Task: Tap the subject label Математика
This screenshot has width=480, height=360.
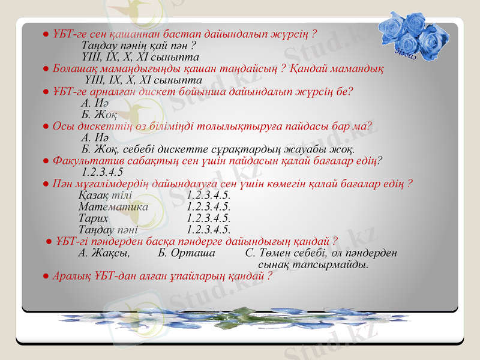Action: click(x=113, y=206)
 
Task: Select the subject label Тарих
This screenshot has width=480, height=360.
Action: click(x=94, y=218)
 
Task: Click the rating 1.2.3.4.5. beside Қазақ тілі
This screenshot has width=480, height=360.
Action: click(x=209, y=195)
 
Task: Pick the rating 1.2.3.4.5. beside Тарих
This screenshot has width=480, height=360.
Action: click(x=209, y=218)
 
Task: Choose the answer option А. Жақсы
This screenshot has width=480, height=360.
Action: click(x=104, y=253)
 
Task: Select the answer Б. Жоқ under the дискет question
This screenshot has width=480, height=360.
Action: click(x=98, y=115)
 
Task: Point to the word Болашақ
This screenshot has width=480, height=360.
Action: click(x=74, y=69)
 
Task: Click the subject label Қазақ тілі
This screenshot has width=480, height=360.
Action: click(x=105, y=195)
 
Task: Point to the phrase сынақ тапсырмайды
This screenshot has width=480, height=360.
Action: click(x=313, y=264)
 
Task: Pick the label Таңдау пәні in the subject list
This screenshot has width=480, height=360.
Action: click(x=108, y=229)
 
